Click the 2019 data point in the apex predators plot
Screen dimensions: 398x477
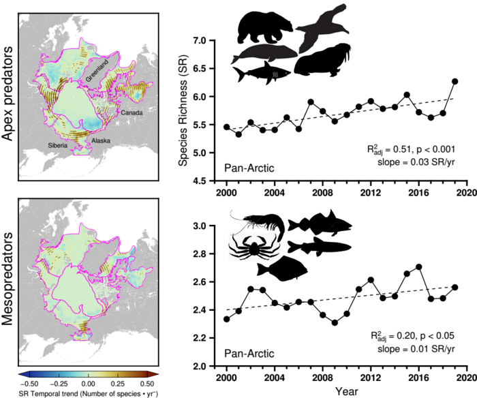click(x=455, y=81)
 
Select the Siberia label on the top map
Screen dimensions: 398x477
click(x=58, y=144)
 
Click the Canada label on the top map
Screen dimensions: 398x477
click(x=132, y=110)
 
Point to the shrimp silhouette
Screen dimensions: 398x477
click(x=260, y=221)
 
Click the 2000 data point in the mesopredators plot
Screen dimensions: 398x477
click(x=227, y=319)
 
